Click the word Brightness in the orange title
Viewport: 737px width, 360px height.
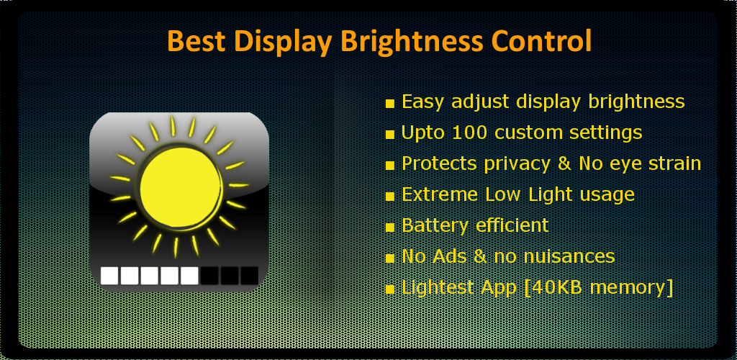[x=412, y=41]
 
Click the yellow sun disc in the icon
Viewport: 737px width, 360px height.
[x=181, y=187]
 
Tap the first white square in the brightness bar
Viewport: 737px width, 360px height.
[x=109, y=276]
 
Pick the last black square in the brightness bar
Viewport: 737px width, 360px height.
[x=250, y=276]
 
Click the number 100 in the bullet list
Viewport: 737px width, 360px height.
[x=470, y=132]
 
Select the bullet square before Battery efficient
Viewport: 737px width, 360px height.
[x=389, y=228]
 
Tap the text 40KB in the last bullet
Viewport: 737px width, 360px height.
[x=556, y=287]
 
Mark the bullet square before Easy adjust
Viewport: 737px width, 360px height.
[x=389, y=104]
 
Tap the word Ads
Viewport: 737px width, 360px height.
[x=449, y=256]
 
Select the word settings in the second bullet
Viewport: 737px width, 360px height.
[x=605, y=133]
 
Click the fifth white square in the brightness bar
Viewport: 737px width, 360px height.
[x=189, y=276]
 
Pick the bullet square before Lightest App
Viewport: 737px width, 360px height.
[x=389, y=289]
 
